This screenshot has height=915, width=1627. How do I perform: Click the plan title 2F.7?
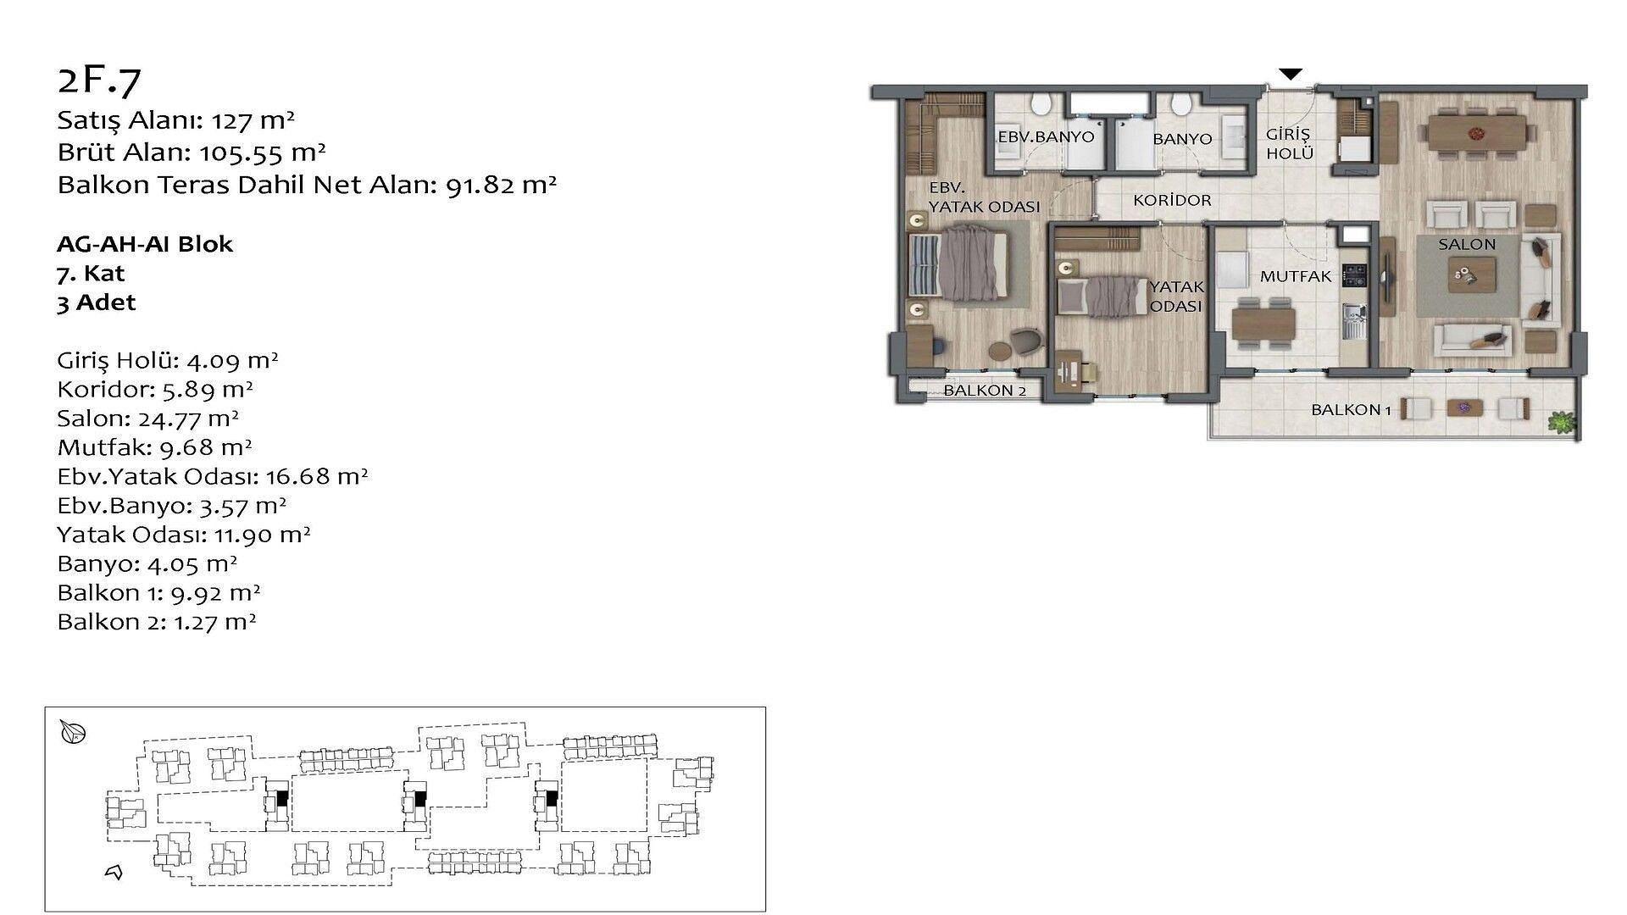[99, 80]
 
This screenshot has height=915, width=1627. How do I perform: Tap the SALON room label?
[1467, 244]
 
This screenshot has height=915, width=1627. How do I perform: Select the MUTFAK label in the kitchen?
[1296, 276]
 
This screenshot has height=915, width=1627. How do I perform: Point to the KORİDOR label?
[1172, 201]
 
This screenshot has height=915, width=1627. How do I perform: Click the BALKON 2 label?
[985, 391]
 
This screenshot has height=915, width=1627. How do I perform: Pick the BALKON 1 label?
[1351, 410]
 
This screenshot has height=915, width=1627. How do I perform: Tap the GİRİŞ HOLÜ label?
[1289, 144]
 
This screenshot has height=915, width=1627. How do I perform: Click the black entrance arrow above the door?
[1290, 75]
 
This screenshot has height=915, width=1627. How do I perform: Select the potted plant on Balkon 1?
[1560, 421]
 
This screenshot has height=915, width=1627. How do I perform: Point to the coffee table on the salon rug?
[1471, 274]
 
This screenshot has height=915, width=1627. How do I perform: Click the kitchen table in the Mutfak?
[1263, 323]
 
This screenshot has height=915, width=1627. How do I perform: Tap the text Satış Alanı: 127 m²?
[175, 120]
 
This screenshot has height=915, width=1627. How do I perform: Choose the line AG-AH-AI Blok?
[145, 244]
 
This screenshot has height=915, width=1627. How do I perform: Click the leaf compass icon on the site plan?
[74, 732]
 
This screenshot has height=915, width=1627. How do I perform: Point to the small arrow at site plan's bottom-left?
[114, 872]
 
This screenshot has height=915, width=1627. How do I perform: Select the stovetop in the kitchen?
[1354, 275]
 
